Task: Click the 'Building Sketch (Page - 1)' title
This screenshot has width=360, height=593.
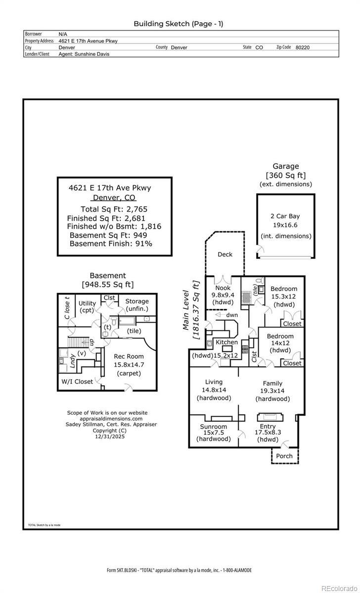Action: tap(178, 24)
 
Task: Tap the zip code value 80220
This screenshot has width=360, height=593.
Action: tap(302, 47)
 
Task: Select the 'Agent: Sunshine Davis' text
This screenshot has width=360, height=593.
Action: tap(84, 54)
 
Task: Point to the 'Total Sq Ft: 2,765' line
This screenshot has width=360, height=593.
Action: tap(114, 209)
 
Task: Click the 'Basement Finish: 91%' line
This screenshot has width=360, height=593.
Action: tap(111, 244)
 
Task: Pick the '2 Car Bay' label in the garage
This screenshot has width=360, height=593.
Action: tap(285, 216)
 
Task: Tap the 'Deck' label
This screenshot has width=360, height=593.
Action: tap(225, 254)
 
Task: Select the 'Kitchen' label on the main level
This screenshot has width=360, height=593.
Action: tap(227, 342)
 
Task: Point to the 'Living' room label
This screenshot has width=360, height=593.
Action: tap(214, 382)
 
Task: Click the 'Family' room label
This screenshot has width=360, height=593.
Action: tap(272, 383)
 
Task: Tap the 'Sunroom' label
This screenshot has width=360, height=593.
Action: tap(214, 426)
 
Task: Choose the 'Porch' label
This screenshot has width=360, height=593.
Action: tap(284, 456)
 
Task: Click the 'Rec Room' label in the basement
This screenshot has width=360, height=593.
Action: tap(129, 356)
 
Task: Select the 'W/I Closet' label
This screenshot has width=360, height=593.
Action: tap(77, 381)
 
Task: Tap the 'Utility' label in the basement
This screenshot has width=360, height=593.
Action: tap(87, 303)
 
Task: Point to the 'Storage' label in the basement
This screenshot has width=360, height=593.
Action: tap(137, 301)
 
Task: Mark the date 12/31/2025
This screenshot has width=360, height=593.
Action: tap(112, 437)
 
